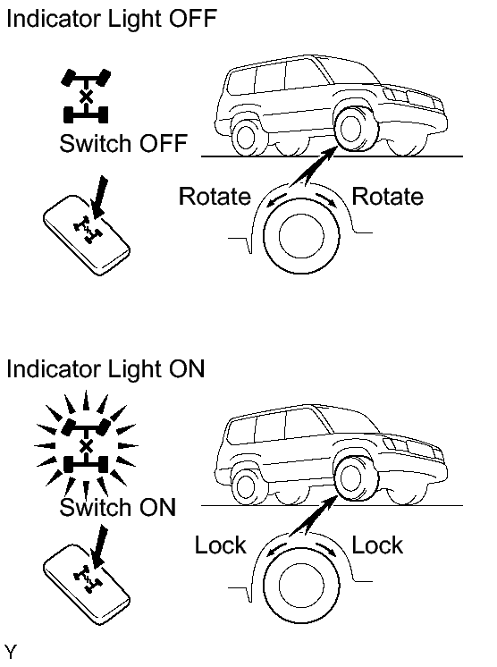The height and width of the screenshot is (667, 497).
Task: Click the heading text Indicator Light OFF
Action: (112, 19)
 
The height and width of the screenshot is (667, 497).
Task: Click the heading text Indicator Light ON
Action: (105, 368)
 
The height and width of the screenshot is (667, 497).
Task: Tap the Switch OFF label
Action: (123, 143)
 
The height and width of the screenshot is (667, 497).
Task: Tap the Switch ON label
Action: (118, 507)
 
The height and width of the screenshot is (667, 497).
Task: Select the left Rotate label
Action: (215, 197)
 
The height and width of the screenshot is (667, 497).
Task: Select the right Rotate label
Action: (387, 197)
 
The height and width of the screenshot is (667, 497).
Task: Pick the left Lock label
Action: (220, 545)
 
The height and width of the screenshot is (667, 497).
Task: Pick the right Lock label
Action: (377, 545)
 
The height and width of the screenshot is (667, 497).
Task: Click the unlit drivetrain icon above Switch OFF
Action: (86, 97)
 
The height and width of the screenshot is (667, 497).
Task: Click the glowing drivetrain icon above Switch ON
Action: (86, 445)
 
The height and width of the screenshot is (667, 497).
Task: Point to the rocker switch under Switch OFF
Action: (87, 235)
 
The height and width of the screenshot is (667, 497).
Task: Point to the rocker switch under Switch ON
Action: (87, 585)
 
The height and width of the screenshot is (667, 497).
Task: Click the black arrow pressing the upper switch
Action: (99, 197)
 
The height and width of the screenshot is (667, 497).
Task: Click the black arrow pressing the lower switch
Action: (99, 546)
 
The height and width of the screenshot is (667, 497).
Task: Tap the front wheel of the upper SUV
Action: (355, 129)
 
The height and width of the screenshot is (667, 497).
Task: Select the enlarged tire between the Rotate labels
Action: (301, 235)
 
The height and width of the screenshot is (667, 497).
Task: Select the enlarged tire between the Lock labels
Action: (301, 585)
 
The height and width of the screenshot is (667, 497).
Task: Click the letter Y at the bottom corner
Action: (11, 652)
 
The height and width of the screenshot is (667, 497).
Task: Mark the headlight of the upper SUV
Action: (394, 95)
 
